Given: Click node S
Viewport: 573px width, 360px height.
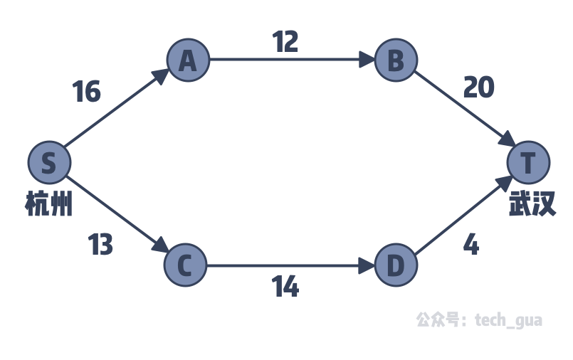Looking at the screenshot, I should point(48,163).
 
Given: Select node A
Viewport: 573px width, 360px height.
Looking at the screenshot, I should point(188,60).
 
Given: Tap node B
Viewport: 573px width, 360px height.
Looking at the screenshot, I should point(395,60).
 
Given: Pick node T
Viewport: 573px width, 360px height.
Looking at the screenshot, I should point(528,163).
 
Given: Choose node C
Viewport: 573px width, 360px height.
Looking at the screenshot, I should point(184,265).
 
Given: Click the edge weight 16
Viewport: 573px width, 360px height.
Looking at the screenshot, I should point(87,92).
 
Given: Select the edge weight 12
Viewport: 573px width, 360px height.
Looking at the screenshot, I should point(285,42).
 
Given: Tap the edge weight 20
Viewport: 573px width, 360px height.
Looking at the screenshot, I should point(478,88).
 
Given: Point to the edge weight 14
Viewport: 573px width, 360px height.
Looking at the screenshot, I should point(285,287).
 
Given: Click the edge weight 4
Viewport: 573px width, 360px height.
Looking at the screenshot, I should point(471,245).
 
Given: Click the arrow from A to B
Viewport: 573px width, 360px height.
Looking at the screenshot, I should point(292,60).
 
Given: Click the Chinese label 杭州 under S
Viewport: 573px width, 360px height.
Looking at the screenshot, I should point(49,205).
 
